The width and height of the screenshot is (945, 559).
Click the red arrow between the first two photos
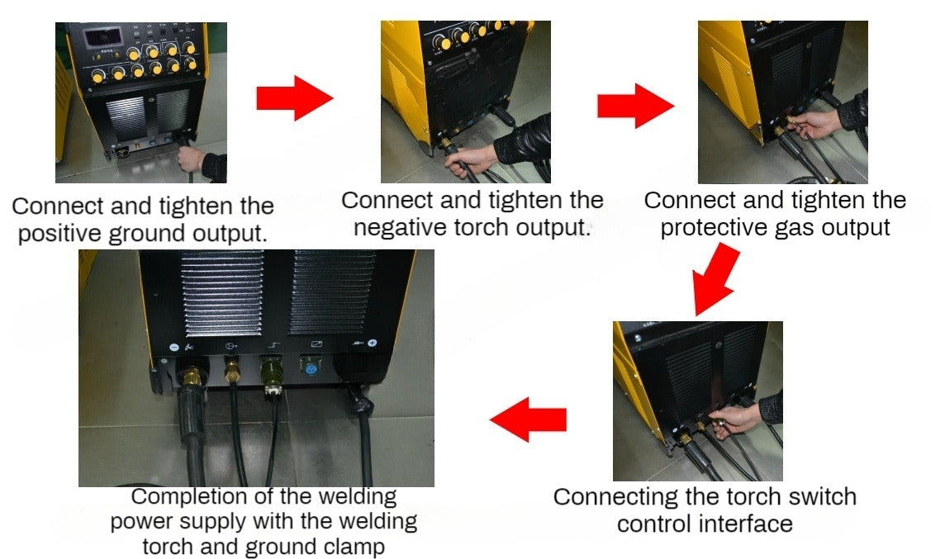tap(295, 97)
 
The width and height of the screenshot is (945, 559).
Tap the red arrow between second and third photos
tap(636, 106)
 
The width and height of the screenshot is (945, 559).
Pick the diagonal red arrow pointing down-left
tap(716, 278)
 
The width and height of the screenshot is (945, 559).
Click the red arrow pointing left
tap(528, 419)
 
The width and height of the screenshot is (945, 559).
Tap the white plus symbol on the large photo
tap(373, 343)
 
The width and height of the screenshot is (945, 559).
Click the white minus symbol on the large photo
tap(174, 347)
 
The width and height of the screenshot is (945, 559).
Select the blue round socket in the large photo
tap(311, 366)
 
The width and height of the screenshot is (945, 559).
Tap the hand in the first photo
tap(192, 159)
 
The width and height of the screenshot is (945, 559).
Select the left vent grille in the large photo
tap(223, 293)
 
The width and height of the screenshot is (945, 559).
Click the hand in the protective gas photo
tap(814, 124)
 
